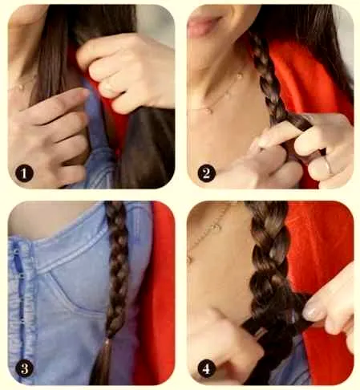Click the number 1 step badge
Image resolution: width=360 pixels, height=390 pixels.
[24, 173]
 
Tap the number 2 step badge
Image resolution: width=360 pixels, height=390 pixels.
[206, 173]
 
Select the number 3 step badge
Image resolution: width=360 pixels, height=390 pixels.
[24, 368]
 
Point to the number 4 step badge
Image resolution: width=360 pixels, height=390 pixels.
[206, 369]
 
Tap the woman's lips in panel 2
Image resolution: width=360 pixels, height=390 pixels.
[204, 23]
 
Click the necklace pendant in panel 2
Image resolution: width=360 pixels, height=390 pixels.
[208, 110]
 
